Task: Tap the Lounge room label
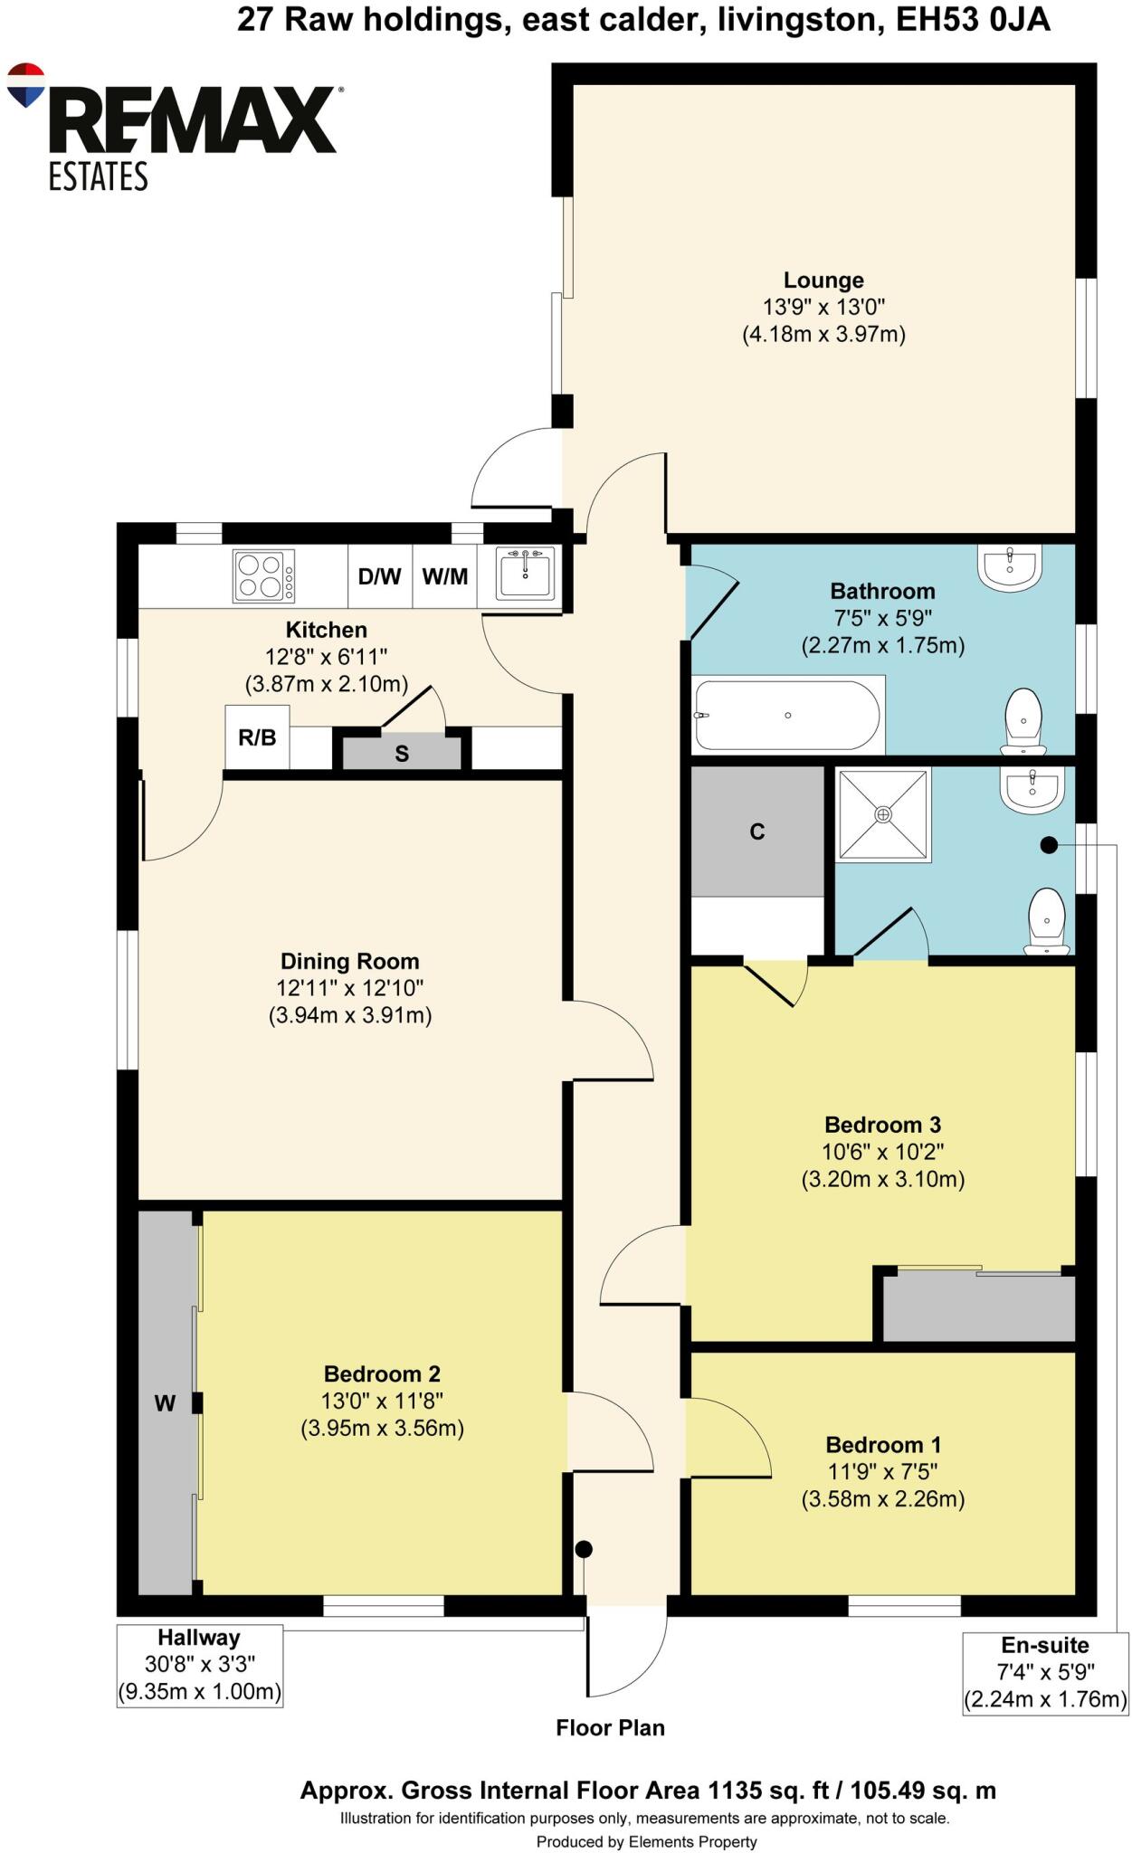823,280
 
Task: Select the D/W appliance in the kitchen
379,576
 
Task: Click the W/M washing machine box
445,576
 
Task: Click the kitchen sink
525,574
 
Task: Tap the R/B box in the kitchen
257,737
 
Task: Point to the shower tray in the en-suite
882,814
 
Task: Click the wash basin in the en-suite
1031,788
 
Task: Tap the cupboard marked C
757,831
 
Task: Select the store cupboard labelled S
402,753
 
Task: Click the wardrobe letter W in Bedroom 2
165,1403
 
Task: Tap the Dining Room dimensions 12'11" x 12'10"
349,988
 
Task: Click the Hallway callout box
199,1665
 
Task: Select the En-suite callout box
1044,1673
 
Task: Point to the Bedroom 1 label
882,1445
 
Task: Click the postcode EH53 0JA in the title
973,20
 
